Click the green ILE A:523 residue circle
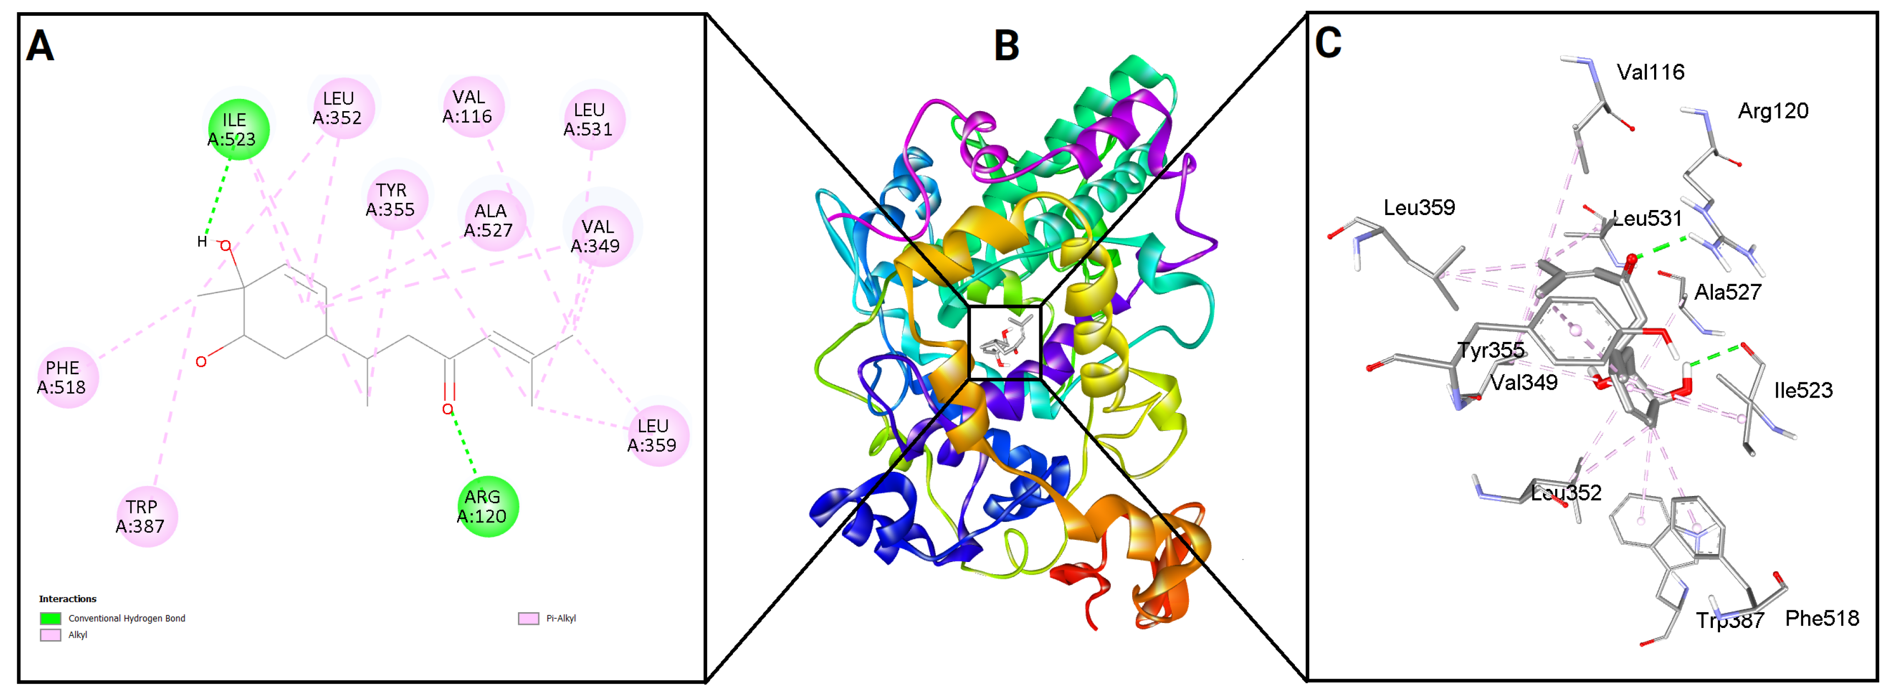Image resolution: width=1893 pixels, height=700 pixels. [x=238, y=129]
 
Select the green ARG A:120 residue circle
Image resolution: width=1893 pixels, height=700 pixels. [x=487, y=506]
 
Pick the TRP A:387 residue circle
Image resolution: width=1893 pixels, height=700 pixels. [x=146, y=516]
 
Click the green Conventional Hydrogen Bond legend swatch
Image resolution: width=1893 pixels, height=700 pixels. [x=51, y=618]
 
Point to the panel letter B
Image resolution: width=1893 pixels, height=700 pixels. [x=1006, y=46]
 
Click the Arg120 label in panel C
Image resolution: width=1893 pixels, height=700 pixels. [x=1772, y=111]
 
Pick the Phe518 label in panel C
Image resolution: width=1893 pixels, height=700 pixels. [x=1821, y=618]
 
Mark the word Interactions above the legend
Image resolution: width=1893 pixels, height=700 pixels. [x=67, y=599]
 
